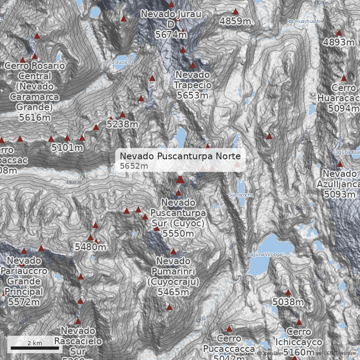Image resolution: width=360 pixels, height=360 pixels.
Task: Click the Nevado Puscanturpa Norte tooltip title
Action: [x=180, y=156]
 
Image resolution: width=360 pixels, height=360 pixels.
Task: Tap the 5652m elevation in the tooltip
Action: [x=134, y=166]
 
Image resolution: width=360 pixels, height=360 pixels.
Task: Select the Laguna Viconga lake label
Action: [x=265, y=255]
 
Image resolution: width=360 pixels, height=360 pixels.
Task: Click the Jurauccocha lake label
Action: [x=121, y=62]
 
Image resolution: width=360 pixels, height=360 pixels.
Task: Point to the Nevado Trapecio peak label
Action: [x=193, y=85]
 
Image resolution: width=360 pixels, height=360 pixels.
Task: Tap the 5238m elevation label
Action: [x=122, y=124]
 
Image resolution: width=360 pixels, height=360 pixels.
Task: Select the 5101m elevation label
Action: [x=67, y=147]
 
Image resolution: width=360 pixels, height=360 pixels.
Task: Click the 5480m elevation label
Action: [x=90, y=247]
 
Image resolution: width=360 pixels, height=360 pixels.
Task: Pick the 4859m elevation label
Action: [x=235, y=21]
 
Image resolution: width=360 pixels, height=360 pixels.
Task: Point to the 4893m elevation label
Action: [x=339, y=42]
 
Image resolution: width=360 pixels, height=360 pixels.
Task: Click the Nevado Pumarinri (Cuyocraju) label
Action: [x=173, y=276]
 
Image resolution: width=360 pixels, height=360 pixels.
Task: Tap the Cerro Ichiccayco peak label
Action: [x=299, y=342]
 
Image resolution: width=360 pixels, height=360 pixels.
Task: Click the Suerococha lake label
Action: [x=241, y=195]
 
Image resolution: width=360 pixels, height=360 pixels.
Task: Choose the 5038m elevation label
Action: [x=288, y=301]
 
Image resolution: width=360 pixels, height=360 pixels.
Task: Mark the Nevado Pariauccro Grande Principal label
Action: [x=25, y=281]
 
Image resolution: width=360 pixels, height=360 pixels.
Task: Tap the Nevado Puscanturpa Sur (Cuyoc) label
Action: [x=178, y=218]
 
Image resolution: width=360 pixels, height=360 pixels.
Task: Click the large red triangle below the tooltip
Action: [x=180, y=180]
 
